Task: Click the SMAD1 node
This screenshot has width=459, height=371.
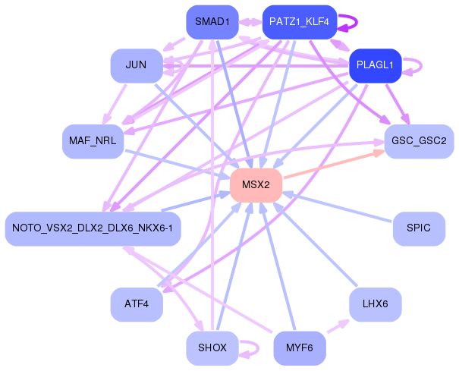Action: [x=212, y=22]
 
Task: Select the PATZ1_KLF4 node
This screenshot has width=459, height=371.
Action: [x=299, y=22]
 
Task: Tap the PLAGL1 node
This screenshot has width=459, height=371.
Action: [x=375, y=65]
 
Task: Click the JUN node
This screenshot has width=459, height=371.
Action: [x=136, y=65]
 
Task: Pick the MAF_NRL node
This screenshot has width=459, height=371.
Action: [x=93, y=141]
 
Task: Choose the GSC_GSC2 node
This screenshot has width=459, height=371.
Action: [x=419, y=141]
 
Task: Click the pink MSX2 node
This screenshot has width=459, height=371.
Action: [x=256, y=185]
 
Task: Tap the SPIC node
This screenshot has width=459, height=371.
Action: [x=419, y=228]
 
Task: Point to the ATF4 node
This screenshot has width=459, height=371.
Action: [x=137, y=304]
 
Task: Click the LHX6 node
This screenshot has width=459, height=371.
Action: [x=375, y=304]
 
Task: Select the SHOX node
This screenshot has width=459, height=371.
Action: [x=212, y=348]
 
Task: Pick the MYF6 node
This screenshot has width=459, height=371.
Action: [x=300, y=348]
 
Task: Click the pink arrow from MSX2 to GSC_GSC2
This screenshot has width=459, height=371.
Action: [x=334, y=166]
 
